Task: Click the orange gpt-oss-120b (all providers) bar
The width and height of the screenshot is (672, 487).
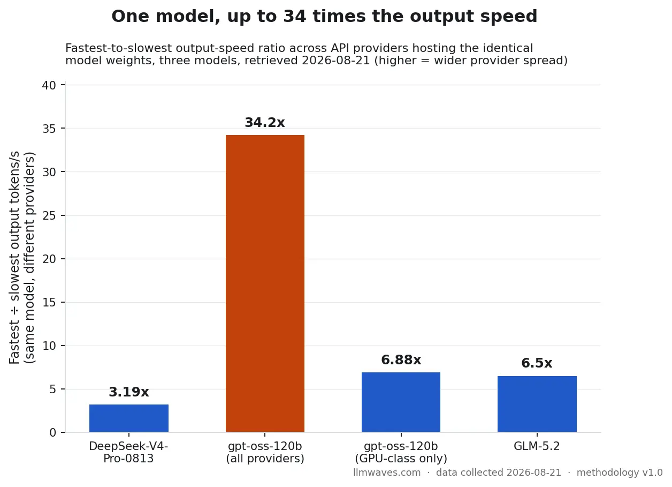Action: [x=265, y=283]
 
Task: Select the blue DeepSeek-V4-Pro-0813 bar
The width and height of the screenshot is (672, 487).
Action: [x=129, y=418]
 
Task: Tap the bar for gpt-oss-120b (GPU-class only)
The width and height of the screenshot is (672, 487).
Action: [x=401, y=402]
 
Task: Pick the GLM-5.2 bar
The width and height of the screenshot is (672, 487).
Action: [x=537, y=404]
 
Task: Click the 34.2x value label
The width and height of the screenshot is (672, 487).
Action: [x=265, y=122]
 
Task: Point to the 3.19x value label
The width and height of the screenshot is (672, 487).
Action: [x=129, y=392]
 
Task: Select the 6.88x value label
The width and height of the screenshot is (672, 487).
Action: [x=401, y=359]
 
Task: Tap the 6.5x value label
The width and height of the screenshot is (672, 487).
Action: [x=537, y=363]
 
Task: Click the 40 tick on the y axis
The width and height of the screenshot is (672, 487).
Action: [x=49, y=85]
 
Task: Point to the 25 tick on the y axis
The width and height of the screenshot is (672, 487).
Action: [x=49, y=216]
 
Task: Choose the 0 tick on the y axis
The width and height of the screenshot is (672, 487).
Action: [x=53, y=433]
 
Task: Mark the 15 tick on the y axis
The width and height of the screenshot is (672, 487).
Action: [x=49, y=302]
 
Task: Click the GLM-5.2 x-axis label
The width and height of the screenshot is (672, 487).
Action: [x=537, y=446]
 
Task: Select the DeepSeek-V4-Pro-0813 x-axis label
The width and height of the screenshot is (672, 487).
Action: [x=128, y=452]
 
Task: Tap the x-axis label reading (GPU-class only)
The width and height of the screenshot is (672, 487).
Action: [x=401, y=459]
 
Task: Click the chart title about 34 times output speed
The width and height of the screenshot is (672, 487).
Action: [x=324, y=16]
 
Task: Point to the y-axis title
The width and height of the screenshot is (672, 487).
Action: [x=22, y=258]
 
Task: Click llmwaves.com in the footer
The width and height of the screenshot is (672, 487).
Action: [x=387, y=473]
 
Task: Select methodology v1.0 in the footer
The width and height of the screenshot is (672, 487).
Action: [x=620, y=473]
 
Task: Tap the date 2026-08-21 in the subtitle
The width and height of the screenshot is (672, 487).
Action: [x=335, y=61]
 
